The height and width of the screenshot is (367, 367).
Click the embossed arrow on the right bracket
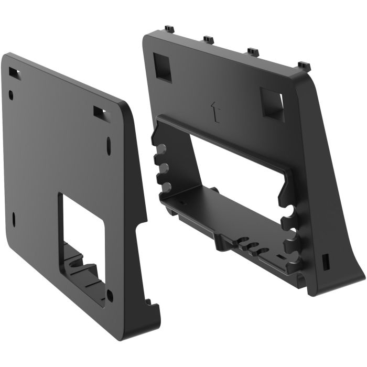point(213,110)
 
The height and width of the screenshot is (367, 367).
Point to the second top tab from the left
point(208,39)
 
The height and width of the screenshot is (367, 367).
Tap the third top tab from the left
point(253,52)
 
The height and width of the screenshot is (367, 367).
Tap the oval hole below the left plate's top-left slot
point(11,95)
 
